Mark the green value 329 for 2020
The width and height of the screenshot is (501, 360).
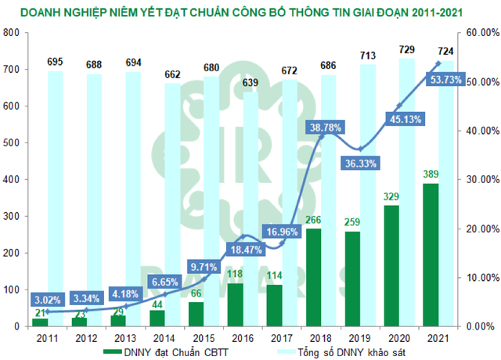(x=391, y=197)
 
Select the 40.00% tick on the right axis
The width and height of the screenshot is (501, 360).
(x=478, y=131)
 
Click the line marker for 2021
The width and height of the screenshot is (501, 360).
(x=438, y=63)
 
